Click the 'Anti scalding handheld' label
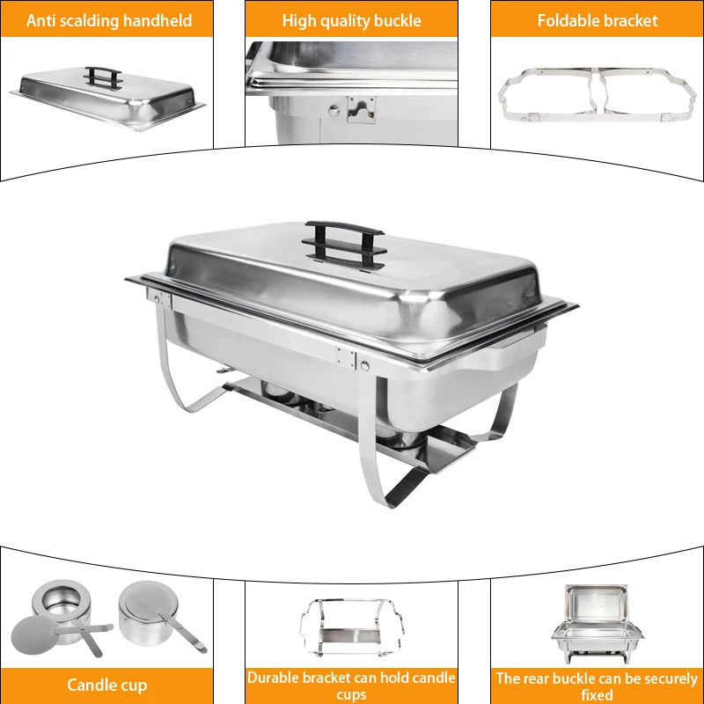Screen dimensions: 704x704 [109, 19]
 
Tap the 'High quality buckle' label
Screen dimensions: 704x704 [351, 19]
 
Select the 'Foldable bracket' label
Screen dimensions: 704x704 [598, 19]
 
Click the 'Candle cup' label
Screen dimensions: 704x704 [107, 685]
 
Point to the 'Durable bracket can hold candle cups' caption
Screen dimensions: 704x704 [351, 686]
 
